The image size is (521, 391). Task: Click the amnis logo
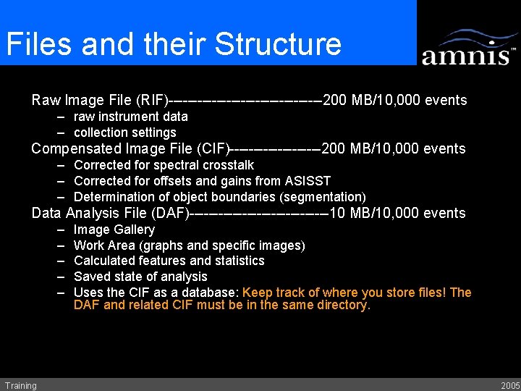point(468,49)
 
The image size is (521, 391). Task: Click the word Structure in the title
point(278,44)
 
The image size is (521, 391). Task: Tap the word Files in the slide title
point(40,44)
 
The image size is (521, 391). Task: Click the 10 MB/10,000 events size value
point(397,213)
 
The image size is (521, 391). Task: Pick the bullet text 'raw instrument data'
point(130,117)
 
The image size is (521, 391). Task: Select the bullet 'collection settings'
point(124,133)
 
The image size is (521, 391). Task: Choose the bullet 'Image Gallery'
point(114,230)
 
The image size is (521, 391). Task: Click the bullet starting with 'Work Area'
point(189,245)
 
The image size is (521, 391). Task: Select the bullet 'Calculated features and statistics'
point(169,261)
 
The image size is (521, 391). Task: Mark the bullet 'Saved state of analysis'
point(140,277)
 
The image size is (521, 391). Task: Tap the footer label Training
point(20,385)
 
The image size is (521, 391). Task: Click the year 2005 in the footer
point(509,385)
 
